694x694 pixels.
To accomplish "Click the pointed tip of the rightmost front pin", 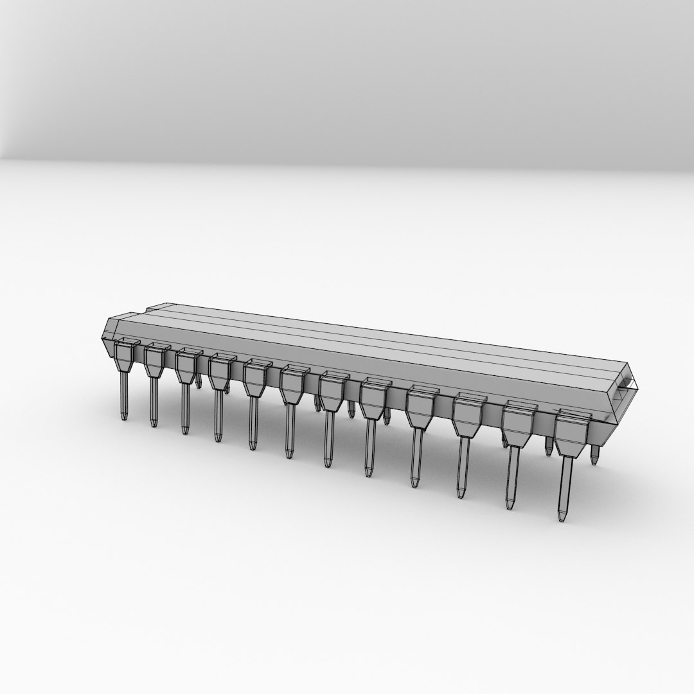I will (563, 517).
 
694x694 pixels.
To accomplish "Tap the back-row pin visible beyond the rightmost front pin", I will (594, 457).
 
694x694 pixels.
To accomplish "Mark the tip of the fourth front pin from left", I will (218, 439).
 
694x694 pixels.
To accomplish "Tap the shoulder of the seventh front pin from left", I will (332, 392).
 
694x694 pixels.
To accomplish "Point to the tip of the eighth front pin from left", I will (369, 474).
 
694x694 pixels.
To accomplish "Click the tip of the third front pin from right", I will (461, 495).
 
